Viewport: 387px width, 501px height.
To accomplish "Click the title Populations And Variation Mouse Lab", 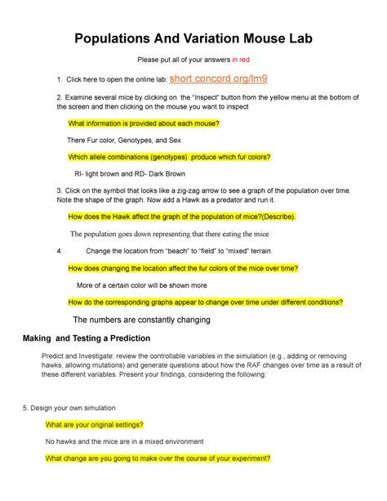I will [x=193, y=38].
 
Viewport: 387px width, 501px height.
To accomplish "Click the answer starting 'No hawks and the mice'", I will [x=124, y=441].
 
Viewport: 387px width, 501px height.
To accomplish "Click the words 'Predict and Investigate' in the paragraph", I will [x=78, y=357].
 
